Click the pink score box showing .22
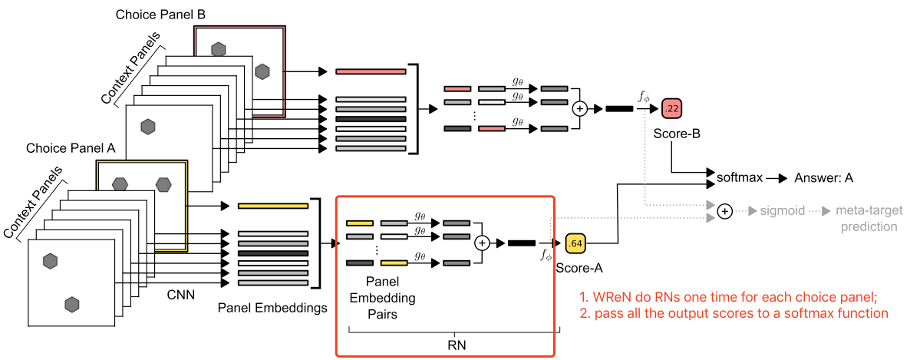click(671, 109)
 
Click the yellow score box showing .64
click(575, 244)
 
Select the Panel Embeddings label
click(272, 309)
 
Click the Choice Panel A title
click(71, 148)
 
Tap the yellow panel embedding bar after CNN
click(272, 206)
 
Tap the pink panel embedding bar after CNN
click(370, 71)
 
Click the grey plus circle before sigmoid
click(724, 210)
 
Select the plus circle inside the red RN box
click(482, 243)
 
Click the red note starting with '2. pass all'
click(734, 312)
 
